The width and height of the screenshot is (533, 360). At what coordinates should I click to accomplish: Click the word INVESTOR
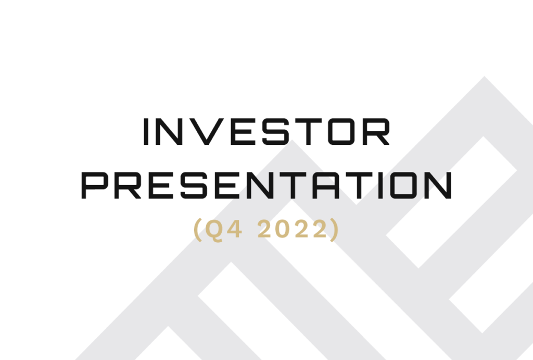[266, 132]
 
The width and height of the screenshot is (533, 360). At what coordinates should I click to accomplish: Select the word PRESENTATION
[266, 185]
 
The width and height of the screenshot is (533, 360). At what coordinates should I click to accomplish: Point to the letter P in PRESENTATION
[94, 185]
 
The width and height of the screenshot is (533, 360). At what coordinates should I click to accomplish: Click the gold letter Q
[214, 229]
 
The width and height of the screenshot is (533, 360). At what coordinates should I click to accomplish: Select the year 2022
[293, 229]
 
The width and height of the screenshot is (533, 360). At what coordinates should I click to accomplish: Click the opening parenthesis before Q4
[198, 230]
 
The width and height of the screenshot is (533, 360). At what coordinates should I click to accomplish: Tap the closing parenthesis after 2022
[335, 230]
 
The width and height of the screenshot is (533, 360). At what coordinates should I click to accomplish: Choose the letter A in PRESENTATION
[326, 185]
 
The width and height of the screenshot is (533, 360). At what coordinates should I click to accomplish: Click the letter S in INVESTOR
[276, 132]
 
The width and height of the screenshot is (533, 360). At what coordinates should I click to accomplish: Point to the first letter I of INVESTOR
[146, 132]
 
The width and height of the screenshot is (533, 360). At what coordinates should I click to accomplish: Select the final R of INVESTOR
[377, 132]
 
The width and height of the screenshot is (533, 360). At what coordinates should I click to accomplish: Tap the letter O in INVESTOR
[341, 132]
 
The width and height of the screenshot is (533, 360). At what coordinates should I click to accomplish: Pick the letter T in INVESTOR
[308, 132]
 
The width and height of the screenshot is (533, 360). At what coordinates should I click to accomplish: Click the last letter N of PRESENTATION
[438, 185]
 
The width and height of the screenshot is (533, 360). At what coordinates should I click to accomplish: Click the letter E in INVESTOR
[243, 132]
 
